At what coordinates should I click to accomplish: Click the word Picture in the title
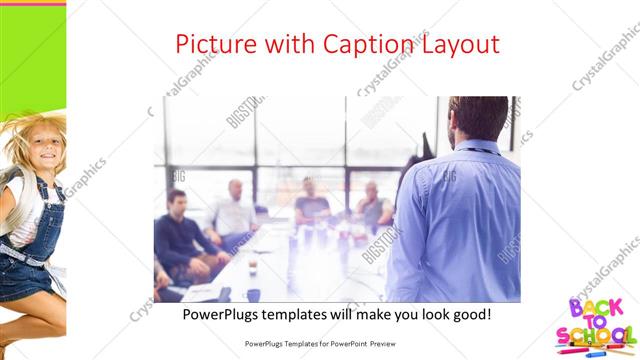(x=213, y=44)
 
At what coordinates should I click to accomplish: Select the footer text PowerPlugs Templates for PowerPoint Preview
(x=320, y=342)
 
